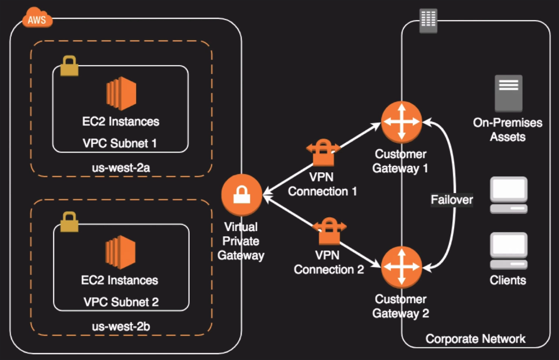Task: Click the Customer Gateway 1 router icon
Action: tap(401, 122)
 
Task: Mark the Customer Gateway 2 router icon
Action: tap(401, 266)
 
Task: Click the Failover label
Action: tap(452, 200)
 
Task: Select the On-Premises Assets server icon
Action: tap(508, 93)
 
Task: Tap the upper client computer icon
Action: tap(508, 196)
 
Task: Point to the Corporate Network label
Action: tap(475, 338)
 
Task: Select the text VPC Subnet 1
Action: tap(120, 142)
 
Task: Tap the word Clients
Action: tap(508, 281)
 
